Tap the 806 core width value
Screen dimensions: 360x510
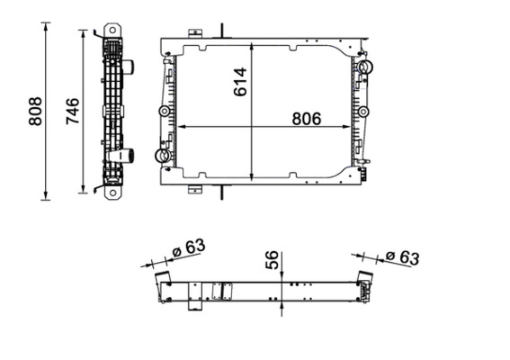click(306, 117)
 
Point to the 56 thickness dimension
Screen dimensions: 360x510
click(272, 262)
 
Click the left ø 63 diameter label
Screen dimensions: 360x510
click(189, 247)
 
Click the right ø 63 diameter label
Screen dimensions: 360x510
click(401, 258)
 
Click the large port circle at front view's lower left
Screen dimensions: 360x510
click(163, 156)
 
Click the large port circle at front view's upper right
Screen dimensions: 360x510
click(364, 67)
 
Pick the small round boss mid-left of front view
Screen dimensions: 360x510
click(164, 112)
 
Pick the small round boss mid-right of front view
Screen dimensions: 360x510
click(363, 112)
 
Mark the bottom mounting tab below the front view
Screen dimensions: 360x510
click(194, 189)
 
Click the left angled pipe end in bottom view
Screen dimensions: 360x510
click(162, 278)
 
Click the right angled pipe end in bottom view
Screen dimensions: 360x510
click(366, 278)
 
